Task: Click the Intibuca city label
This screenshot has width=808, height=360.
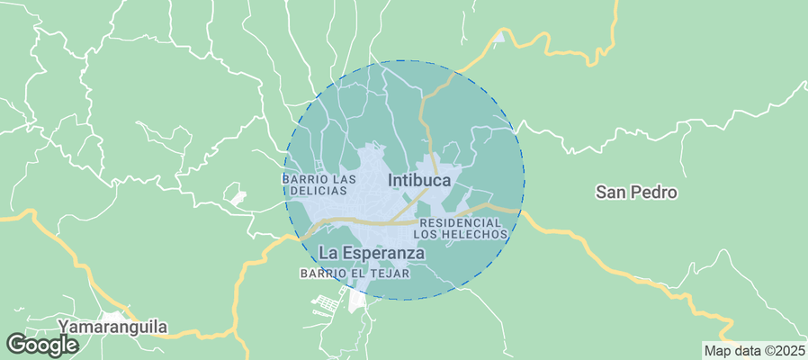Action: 419,180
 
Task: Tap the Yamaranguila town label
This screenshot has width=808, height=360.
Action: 112,327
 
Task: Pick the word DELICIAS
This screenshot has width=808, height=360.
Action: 315,191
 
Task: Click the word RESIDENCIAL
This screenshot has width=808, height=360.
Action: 460,222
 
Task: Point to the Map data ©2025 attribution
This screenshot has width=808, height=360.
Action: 754,351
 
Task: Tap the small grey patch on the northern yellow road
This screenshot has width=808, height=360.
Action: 499,37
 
